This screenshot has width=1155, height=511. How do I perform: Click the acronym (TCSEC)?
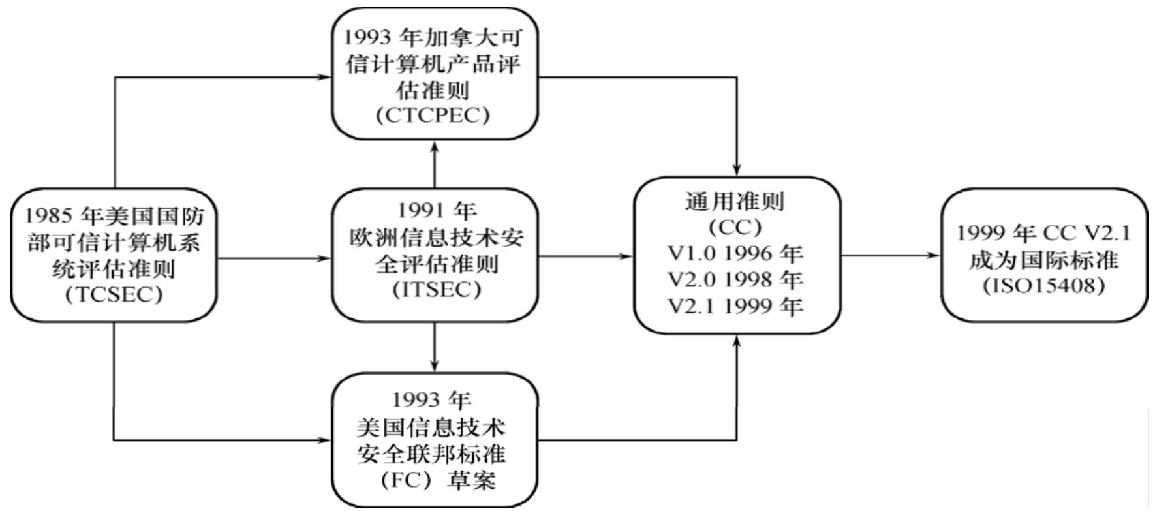(x=114, y=295)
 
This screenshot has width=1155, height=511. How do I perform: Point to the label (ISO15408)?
(x=1044, y=286)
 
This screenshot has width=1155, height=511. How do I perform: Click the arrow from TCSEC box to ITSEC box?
(x=274, y=258)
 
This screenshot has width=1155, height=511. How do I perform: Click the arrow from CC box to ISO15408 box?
(x=891, y=255)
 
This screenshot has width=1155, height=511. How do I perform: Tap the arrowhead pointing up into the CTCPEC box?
(x=435, y=146)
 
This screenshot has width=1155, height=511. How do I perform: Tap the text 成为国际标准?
(x=1044, y=260)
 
